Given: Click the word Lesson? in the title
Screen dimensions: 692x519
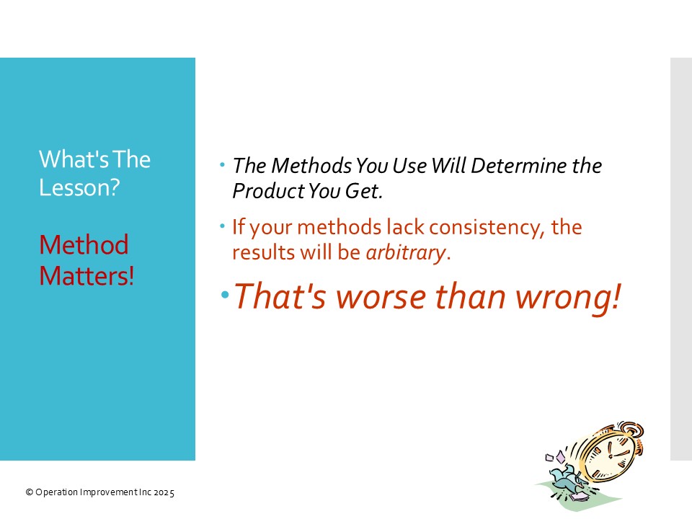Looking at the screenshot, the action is tap(79, 187).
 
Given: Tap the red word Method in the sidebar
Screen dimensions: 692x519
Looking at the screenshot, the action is tap(84, 244).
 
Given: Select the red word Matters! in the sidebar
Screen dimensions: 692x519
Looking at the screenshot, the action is tap(86, 276).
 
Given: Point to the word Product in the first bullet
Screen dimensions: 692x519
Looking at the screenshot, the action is tap(268, 191).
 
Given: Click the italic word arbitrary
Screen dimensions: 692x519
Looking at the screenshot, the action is tap(406, 253).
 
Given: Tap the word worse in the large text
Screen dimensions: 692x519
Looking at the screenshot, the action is tap(381, 297).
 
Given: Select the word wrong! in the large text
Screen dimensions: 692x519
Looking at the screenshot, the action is tap(569, 298).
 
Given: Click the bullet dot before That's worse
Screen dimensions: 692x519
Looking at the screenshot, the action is tap(225, 294).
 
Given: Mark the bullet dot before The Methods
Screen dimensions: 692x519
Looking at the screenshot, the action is tap(223, 165).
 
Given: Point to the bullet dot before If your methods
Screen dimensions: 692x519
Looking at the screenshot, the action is tap(223, 226).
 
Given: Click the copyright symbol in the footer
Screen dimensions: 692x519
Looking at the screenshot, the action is tap(30, 492).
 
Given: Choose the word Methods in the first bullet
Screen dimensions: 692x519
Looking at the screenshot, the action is tap(311, 166).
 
